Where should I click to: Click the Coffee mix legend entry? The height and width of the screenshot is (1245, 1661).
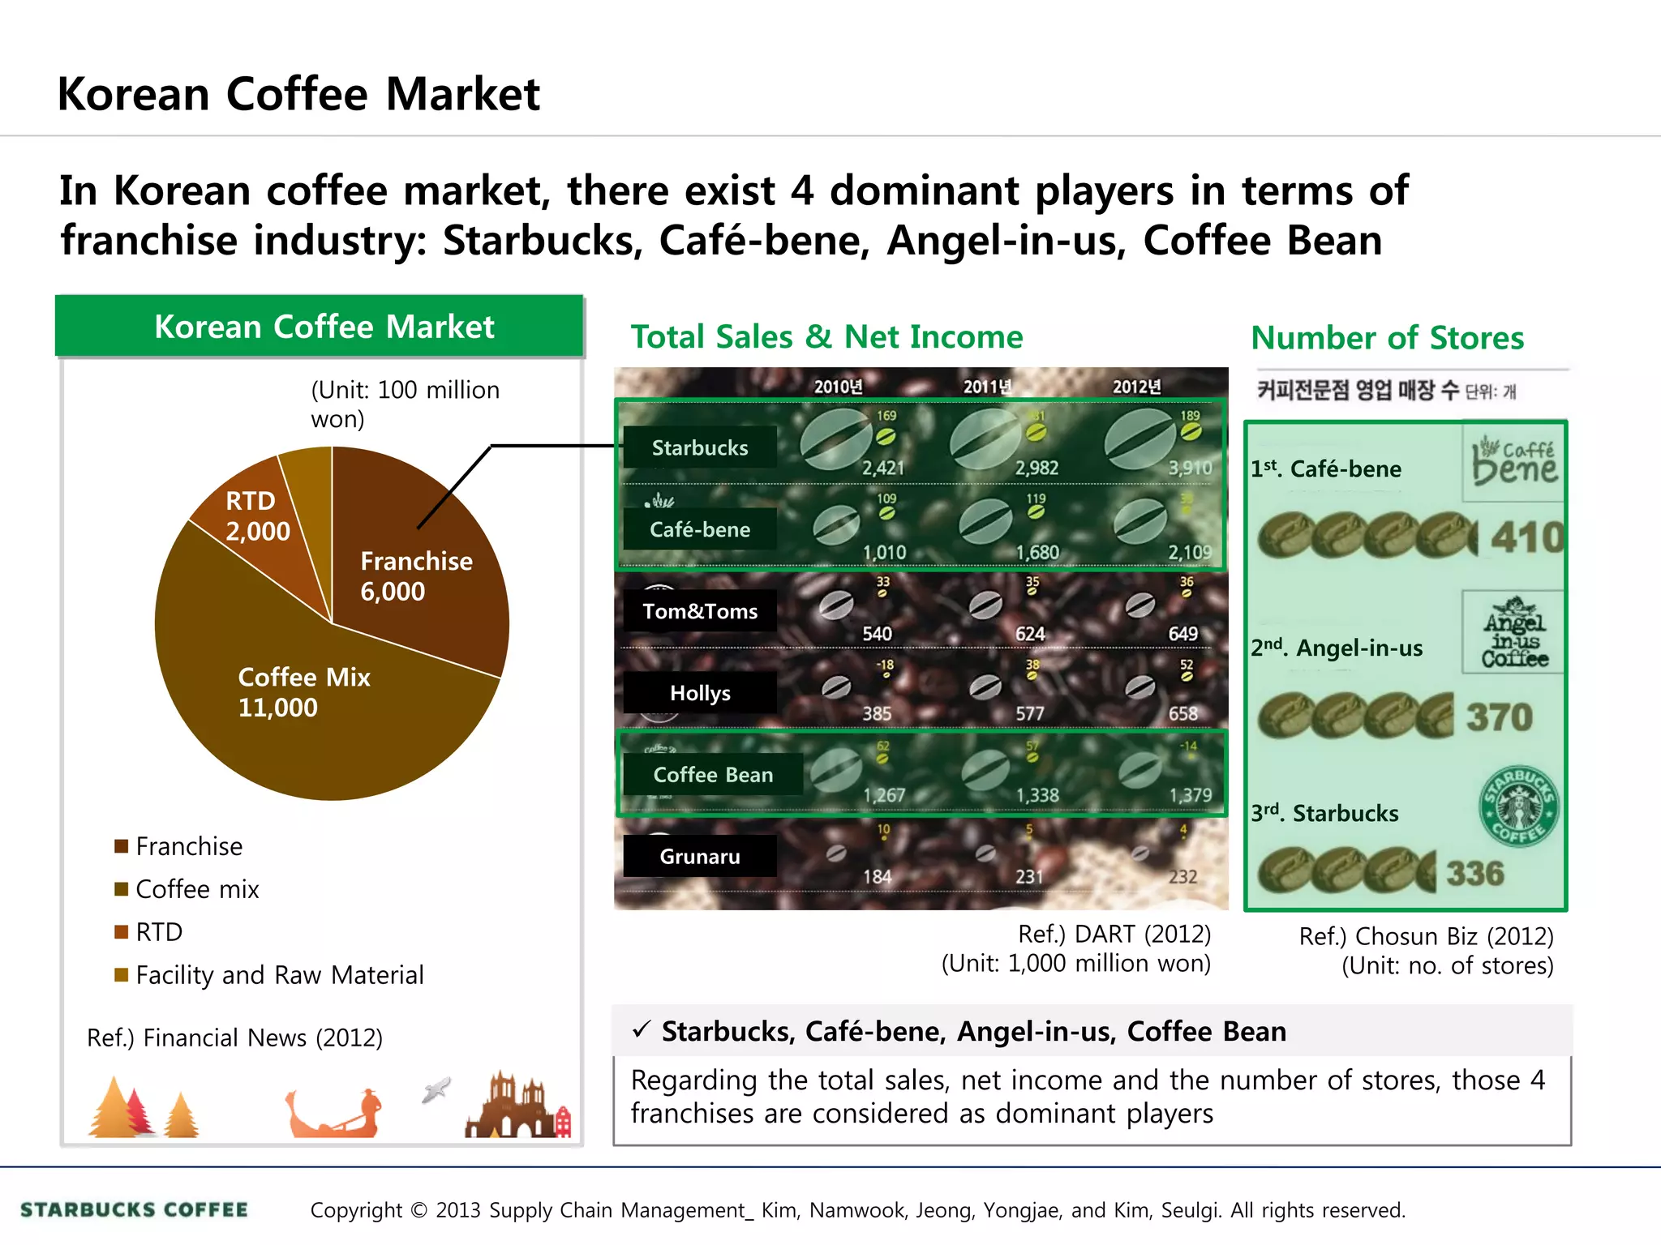[x=196, y=889]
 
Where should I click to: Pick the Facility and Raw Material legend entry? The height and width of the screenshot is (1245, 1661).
[x=279, y=975]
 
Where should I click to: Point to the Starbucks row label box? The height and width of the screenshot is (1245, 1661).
[x=700, y=447]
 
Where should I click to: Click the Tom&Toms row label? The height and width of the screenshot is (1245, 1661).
[x=700, y=611]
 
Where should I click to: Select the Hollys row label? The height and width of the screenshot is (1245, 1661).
[x=700, y=693]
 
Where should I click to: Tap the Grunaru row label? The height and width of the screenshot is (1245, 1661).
[x=700, y=857]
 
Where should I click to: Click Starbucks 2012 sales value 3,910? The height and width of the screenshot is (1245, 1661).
[x=1190, y=468]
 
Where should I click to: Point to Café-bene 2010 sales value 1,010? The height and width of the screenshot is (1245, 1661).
[x=884, y=553]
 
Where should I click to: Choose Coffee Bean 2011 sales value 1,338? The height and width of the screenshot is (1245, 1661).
[x=1037, y=795]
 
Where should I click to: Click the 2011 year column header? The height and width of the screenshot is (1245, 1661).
[x=987, y=387]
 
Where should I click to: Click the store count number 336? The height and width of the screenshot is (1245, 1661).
[x=1475, y=874]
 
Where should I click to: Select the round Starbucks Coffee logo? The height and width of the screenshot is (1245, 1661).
[x=1518, y=806]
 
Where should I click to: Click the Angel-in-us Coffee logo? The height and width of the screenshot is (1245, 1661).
[x=1514, y=632]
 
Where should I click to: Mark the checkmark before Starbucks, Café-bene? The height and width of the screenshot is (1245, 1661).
[x=642, y=1030]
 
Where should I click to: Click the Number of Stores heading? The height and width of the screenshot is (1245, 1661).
[x=1387, y=338]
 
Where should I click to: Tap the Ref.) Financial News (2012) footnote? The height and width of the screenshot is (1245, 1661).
[x=234, y=1037]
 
